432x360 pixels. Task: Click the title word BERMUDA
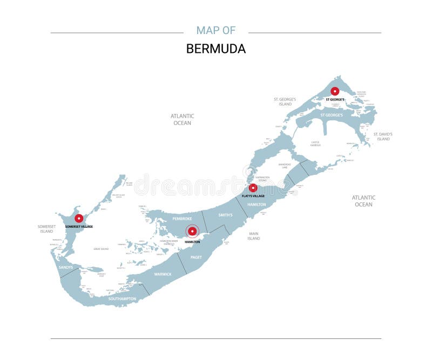click(x=215, y=49)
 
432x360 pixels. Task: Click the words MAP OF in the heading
click(x=215, y=30)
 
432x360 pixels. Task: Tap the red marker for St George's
click(x=335, y=91)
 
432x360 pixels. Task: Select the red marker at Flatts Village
click(x=253, y=188)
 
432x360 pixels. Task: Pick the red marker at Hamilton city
click(x=192, y=232)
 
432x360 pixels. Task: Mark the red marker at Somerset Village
click(x=79, y=218)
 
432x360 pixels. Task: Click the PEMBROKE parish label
click(x=182, y=219)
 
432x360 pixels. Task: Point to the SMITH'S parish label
click(x=225, y=215)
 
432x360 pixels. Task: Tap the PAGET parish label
click(x=196, y=257)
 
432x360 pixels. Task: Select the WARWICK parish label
click(x=163, y=274)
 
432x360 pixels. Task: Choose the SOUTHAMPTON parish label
click(x=122, y=298)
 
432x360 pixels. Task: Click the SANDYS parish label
click(x=66, y=267)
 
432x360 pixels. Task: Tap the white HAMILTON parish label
click(x=256, y=205)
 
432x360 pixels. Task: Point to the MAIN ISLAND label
click(x=254, y=236)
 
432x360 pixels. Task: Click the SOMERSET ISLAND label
click(x=46, y=229)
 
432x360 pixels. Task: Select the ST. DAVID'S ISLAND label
click(x=383, y=136)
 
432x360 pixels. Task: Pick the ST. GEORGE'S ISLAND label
click(x=285, y=101)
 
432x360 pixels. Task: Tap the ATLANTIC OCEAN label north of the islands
click(x=182, y=119)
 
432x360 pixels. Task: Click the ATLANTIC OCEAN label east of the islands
click(x=363, y=201)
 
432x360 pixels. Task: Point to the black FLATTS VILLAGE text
click(x=253, y=196)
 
